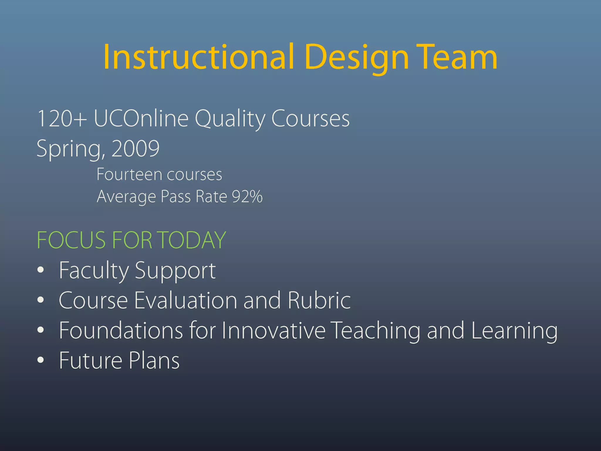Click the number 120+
tap(62, 118)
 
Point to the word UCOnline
tap(141, 118)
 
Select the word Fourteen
tap(129, 174)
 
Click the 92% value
tap(247, 196)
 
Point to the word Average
tap(126, 197)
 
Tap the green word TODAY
tap(193, 240)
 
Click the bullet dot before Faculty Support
tap(41, 270)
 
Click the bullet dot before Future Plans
tap(41, 360)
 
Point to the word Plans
tap(154, 360)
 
